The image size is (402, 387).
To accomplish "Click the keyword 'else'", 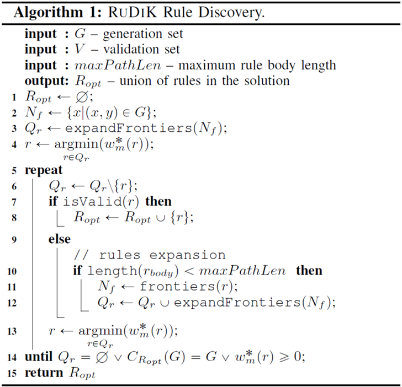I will [x=59, y=240].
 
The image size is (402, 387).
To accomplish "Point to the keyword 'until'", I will [x=40, y=357].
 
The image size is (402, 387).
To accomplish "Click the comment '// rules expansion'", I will [x=149, y=255].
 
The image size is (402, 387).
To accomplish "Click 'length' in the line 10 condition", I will [x=108, y=271].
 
